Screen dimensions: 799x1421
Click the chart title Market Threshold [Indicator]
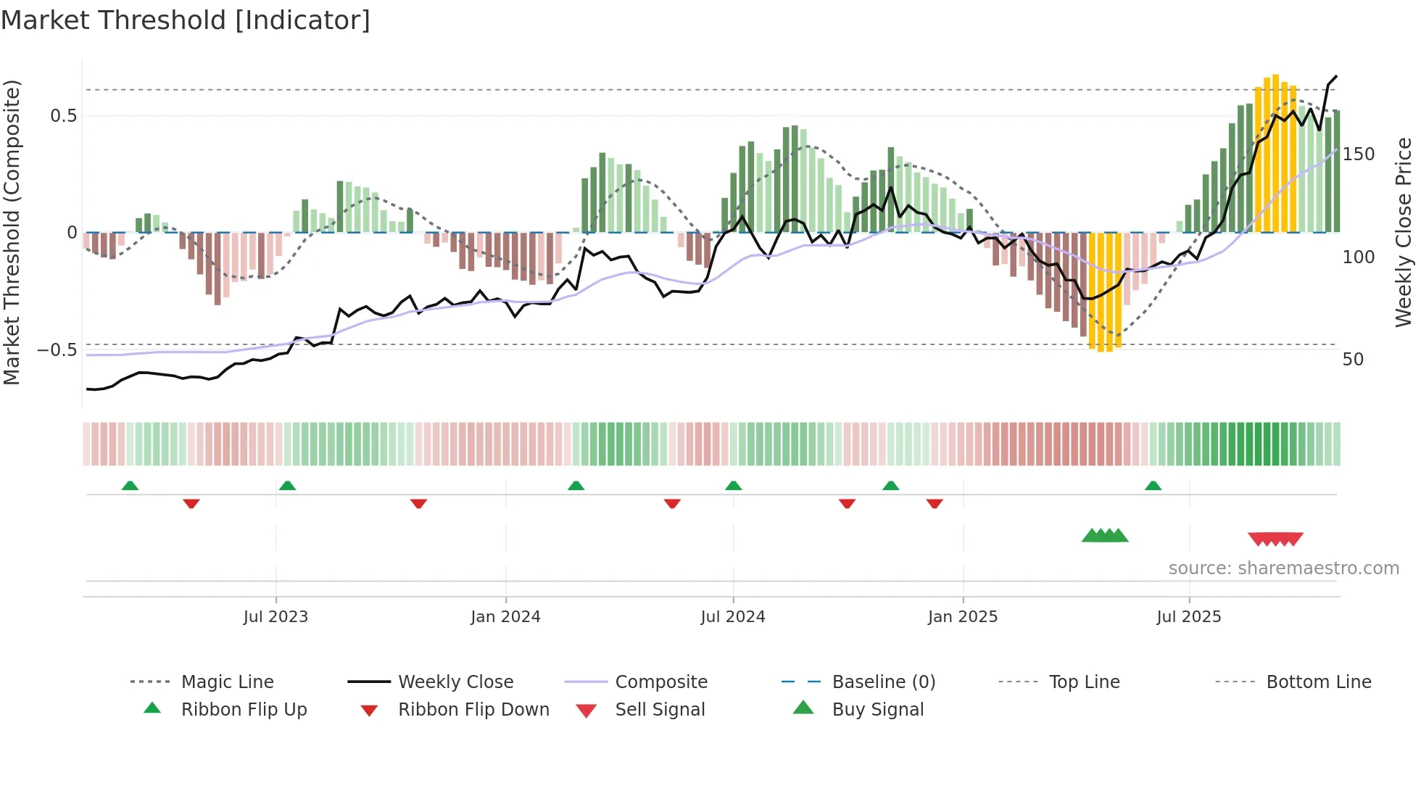click(186, 20)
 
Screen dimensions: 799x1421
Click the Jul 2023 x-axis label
click(275, 617)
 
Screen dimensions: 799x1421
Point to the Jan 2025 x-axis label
click(963, 617)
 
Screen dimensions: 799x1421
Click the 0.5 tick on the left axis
click(63, 116)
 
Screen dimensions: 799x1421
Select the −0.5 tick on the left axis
click(57, 350)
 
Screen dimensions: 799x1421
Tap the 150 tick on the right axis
click(1358, 154)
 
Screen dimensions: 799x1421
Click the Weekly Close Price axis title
click(1404, 232)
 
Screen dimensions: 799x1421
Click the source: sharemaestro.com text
click(1283, 568)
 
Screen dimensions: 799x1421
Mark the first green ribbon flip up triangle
click(130, 486)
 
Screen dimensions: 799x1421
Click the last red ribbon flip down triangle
click(935, 503)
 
